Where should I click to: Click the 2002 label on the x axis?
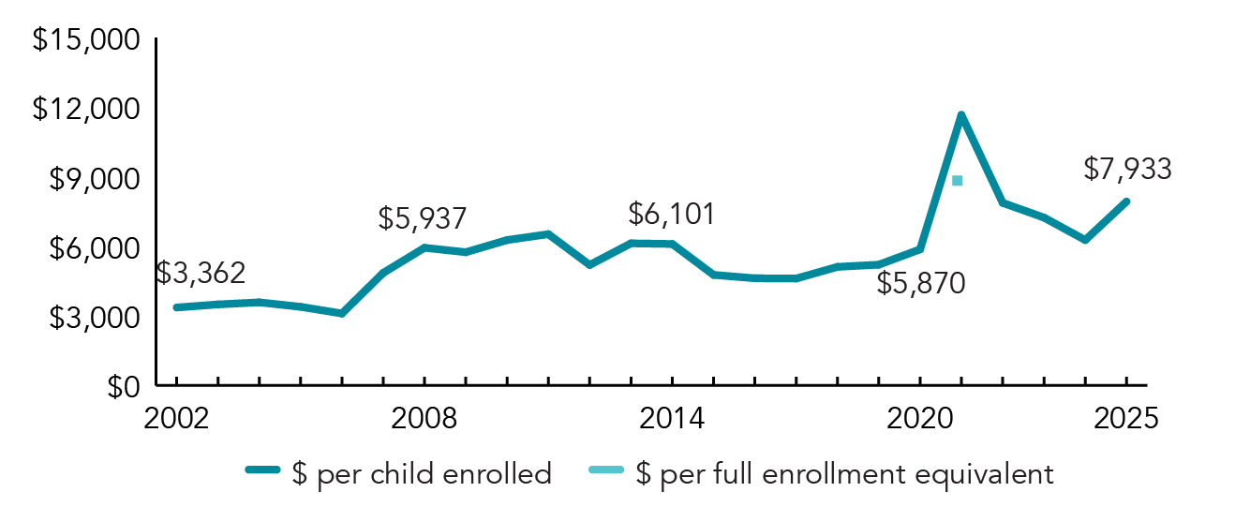click(x=176, y=418)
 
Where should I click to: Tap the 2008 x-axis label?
click(x=424, y=418)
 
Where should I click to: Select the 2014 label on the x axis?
click(x=672, y=418)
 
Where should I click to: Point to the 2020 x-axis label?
click(x=919, y=418)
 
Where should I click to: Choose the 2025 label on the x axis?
click(x=1126, y=418)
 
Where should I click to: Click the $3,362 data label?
click(x=201, y=274)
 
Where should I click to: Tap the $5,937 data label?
click(x=423, y=218)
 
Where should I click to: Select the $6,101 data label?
click(x=672, y=214)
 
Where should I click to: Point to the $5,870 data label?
click(x=920, y=283)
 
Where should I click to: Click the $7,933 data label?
click(x=1127, y=169)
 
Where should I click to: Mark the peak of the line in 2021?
click(x=960, y=115)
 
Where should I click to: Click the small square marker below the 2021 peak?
click(x=957, y=180)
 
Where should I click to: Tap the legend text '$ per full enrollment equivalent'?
click(x=844, y=474)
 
